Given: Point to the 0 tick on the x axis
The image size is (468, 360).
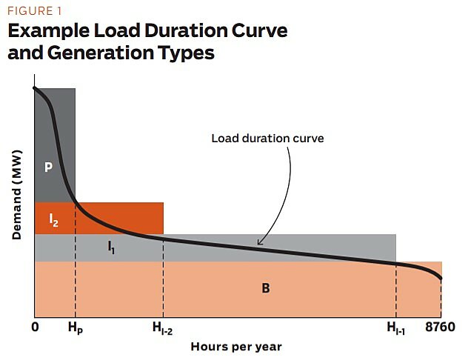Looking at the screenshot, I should [36, 327].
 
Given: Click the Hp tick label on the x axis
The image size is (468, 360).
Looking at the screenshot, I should [75, 327].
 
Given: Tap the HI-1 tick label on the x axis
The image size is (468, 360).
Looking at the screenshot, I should [395, 328].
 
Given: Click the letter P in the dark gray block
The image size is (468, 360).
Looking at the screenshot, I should [48, 167].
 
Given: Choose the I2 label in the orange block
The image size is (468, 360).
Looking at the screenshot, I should [53, 219].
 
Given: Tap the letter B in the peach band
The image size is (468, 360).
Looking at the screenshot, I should [265, 288].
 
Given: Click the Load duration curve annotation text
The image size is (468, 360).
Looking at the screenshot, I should [267, 138].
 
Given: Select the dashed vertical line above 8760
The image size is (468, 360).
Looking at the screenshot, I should [441, 300].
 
